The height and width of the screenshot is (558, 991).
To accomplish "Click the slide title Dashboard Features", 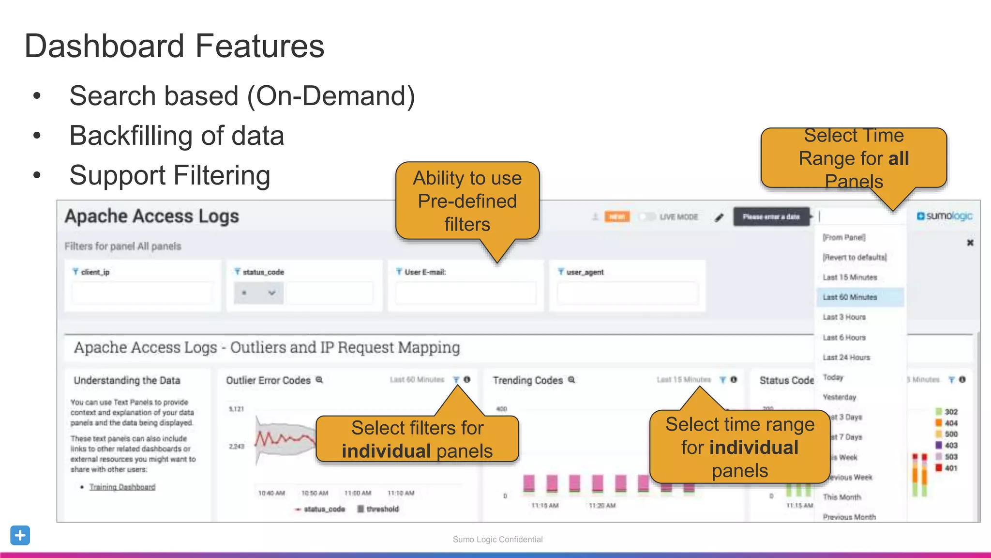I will tap(174, 46).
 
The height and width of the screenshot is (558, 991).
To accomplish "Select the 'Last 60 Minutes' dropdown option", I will tap(850, 297).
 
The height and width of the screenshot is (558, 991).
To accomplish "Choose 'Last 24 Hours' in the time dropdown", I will tap(846, 357).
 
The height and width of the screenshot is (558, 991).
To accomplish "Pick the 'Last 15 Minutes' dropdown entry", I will tap(850, 277).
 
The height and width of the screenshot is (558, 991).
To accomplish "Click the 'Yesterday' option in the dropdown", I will tap(840, 397).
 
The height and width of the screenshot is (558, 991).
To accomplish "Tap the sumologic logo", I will tap(944, 216).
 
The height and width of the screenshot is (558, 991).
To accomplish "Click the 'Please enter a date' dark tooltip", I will tap(771, 217).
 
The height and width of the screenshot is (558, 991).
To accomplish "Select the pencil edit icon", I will tap(719, 217).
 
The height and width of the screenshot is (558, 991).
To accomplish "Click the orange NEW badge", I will tap(617, 217).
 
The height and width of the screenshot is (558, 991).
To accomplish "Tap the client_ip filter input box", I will tap(142, 293).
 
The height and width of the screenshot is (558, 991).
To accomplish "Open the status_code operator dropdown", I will tap(258, 293).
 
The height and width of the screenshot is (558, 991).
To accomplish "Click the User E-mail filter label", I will tap(425, 272).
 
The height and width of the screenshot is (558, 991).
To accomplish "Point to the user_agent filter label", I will tap(585, 272).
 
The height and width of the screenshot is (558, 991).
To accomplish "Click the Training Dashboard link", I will tap(122, 487).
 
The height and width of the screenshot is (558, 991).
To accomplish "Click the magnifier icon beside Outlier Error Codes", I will tap(319, 380).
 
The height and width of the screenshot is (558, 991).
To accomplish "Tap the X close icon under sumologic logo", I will tap(970, 243).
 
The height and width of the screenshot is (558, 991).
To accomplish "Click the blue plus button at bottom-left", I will tap(20, 535).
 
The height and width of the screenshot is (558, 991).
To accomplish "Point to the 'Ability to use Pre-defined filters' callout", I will tap(467, 201).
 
